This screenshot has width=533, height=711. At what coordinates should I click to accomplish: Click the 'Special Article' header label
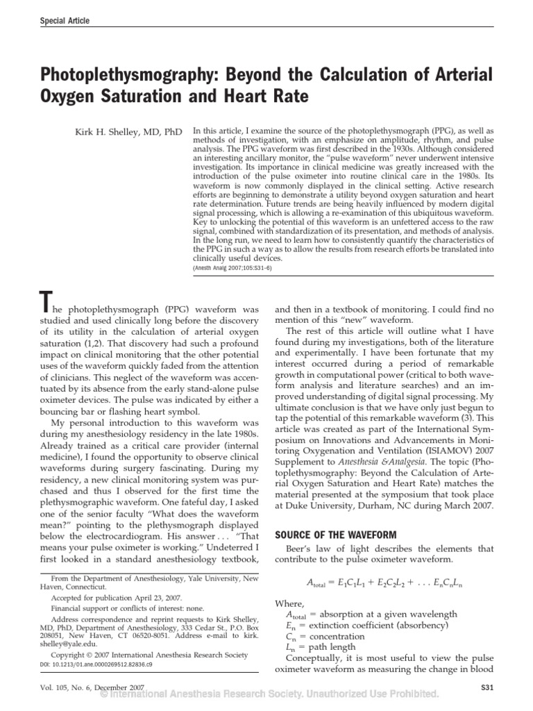64,21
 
